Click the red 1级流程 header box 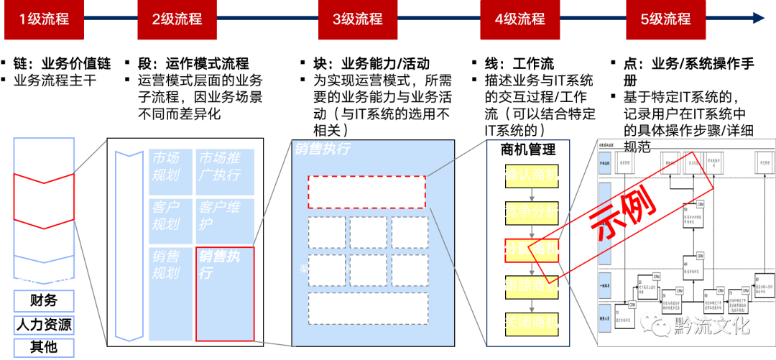click(44, 19)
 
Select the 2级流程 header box click(177, 19)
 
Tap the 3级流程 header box click(358, 19)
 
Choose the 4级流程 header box click(519, 19)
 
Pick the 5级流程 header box click(665, 19)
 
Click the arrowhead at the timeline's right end click(759, 18)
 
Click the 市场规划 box click(170, 171)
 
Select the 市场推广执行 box click(224, 171)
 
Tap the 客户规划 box click(170, 221)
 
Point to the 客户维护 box click(224, 221)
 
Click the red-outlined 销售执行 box click(224, 293)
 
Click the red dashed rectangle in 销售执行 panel click(366, 192)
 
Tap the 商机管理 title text click(528, 149)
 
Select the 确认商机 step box click(531, 177)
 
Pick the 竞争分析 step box click(531, 213)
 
